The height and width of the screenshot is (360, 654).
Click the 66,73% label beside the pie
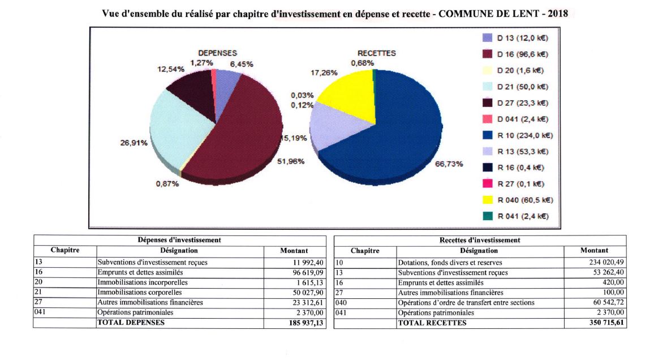tap(449, 164)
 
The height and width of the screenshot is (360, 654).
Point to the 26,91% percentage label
tap(134, 143)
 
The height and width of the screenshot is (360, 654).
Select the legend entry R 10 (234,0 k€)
tap(518, 135)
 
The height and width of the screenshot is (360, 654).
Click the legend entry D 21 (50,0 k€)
tap(515, 87)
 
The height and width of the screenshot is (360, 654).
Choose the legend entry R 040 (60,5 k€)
tap(518, 200)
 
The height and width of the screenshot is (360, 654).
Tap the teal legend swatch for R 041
tap(487, 216)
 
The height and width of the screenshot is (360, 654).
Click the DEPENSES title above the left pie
tap(217, 53)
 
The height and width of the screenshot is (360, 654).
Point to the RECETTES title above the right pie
tap(377, 53)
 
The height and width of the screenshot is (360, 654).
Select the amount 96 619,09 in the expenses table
tap(308, 272)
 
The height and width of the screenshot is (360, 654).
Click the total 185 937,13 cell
tap(306, 323)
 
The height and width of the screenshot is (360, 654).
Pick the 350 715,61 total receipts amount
tap(606, 323)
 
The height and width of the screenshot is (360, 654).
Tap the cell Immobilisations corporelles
tap(139, 293)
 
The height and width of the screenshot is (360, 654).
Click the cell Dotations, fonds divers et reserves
tap(450, 263)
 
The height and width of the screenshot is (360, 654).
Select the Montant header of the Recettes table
tap(594, 250)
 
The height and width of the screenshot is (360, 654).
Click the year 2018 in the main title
tap(558, 14)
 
